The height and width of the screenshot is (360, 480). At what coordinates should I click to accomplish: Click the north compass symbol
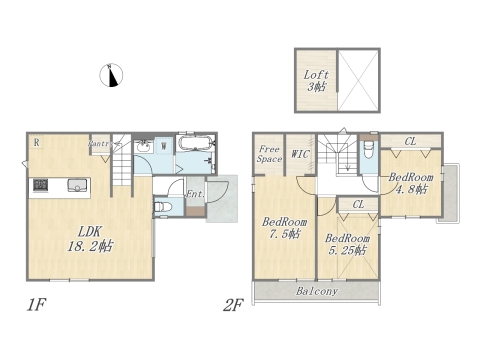click(x=112, y=74)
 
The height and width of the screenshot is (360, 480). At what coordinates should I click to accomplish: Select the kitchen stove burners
click(x=42, y=185)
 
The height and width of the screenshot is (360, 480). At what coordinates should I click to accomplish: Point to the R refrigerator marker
click(x=35, y=142)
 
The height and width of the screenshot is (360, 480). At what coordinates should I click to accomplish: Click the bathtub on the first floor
click(x=194, y=147)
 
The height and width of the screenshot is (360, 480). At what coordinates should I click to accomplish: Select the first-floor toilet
click(x=164, y=208)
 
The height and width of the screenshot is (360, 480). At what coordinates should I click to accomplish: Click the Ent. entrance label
click(x=194, y=193)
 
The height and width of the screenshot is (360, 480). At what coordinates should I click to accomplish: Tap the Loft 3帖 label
click(x=316, y=80)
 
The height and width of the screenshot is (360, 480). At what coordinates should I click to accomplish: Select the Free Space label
click(x=269, y=154)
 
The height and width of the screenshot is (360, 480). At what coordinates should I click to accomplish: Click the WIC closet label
click(x=300, y=155)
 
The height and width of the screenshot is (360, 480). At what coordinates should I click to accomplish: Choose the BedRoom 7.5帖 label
click(x=284, y=229)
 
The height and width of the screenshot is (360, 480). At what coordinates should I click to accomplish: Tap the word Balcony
click(x=316, y=293)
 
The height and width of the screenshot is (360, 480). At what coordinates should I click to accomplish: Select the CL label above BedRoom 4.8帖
click(x=411, y=142)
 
